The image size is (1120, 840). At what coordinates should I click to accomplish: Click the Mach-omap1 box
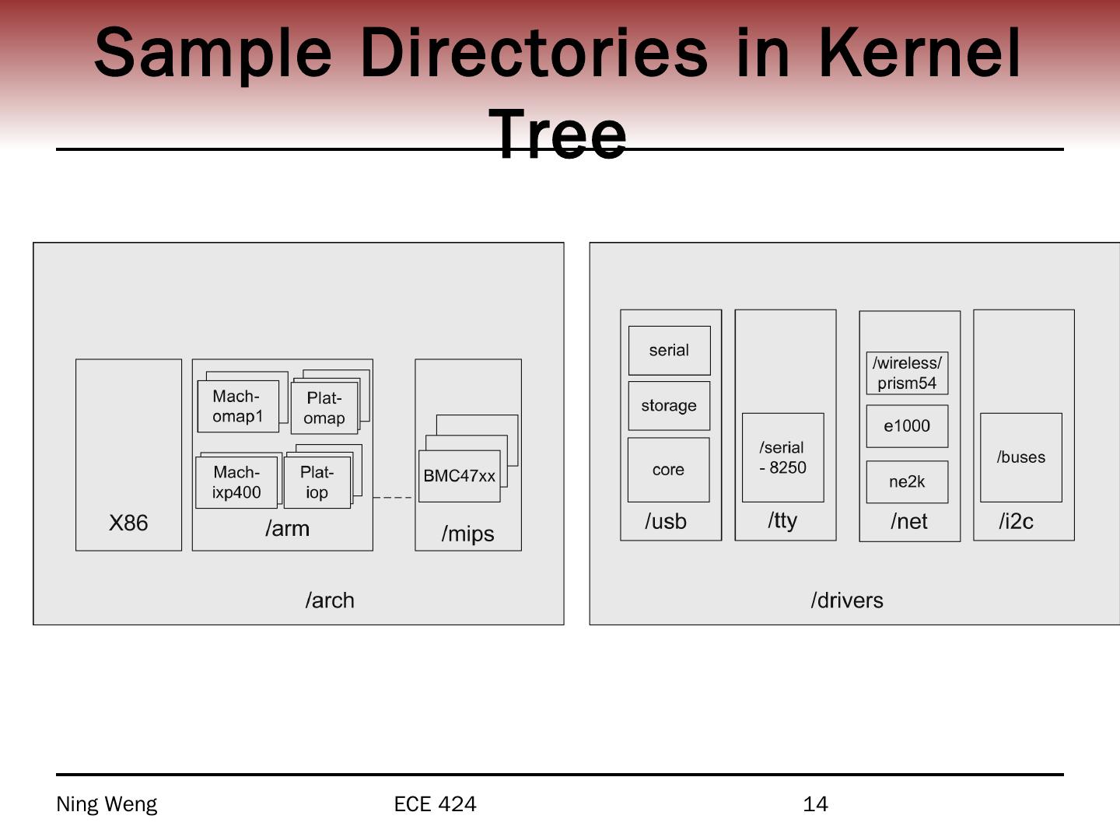click(238, 406)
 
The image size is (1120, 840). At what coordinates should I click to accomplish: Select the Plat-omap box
click(324, 408)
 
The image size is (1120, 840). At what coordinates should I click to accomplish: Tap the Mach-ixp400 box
click(236, 482)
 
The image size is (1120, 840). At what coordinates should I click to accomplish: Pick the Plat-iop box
click(317, 482)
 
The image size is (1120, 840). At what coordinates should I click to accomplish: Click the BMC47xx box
click(459, 476)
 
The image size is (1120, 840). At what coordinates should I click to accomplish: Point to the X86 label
click(128, 523)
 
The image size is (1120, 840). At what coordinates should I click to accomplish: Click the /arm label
click(287, 529)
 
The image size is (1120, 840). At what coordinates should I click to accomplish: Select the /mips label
click(467, 534)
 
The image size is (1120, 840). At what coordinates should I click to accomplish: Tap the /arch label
click(330, 600)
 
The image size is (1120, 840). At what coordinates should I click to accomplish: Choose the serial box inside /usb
click(669, 350)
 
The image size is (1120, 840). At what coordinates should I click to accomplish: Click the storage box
click(669, 405)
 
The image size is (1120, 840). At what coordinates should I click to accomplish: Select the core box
click(668, 470)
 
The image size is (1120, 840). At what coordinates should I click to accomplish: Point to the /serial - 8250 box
click(782, 457)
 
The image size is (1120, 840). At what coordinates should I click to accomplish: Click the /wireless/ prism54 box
click(907, 373)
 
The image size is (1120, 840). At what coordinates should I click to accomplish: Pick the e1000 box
click(907, 425)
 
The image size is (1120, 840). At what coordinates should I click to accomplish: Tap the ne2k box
click(907, 481)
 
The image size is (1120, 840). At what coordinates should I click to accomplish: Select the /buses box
click(1020, 457)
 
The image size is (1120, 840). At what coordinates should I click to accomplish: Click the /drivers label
click(847, 600)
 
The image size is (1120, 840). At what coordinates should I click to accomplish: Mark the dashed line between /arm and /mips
click(393, 497)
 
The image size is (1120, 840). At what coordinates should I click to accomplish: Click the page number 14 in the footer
click(815, 804)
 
